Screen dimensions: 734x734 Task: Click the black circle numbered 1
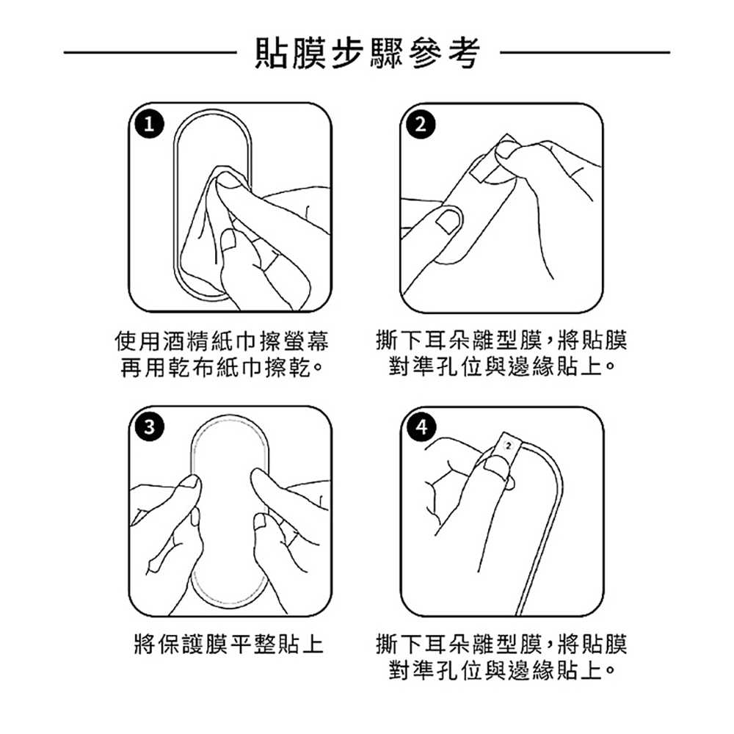click(x=149, y=125)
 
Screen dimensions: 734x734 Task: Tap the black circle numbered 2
click(x=421, y=125)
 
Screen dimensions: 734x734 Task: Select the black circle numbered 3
click(x=149, y=427)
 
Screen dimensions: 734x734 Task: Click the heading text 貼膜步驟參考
click(x=368, y=52)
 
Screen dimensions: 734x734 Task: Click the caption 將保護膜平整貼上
click(x=229, y=644)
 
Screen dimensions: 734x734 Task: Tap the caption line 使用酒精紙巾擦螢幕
click(x=222, y=341)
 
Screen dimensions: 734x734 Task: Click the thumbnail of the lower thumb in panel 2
click(x=448, y=220)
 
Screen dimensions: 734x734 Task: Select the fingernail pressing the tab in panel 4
click(x=495, y=467)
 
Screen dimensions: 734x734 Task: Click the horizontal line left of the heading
click(x=150, y=52)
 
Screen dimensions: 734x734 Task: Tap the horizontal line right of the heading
click(x=585, y=52)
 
